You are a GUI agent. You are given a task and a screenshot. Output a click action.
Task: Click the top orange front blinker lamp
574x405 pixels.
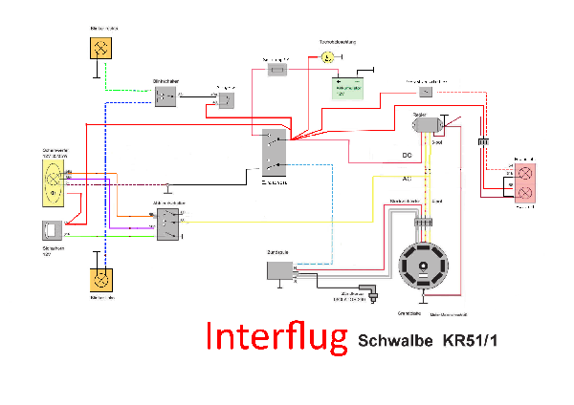[x=100, y=48]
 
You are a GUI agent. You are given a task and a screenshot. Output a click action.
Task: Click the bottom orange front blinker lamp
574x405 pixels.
[x=100, y=280]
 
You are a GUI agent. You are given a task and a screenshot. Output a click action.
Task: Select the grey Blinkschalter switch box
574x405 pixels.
[x=166, y=96]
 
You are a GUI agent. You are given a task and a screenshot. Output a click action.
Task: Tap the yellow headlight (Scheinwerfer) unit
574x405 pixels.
[x=53, y=182]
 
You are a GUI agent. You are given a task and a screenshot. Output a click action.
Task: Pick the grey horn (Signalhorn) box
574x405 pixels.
[x=53, y=231]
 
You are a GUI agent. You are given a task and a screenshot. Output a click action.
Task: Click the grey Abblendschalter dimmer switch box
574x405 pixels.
[x=166, y=224]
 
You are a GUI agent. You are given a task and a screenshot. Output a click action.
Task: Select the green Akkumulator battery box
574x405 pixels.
[x=348, y=87]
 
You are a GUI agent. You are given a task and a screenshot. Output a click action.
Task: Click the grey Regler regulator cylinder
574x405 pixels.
[x=424, y=124]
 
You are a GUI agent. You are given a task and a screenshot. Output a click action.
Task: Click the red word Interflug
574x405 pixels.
[x=276, y=337]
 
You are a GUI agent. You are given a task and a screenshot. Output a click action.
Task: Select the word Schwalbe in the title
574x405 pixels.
[x=394, y=341]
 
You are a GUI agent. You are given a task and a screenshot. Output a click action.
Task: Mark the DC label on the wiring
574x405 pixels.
[x=407, y=155]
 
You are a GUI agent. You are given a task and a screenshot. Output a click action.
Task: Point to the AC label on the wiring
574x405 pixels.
[x=407, y=178]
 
